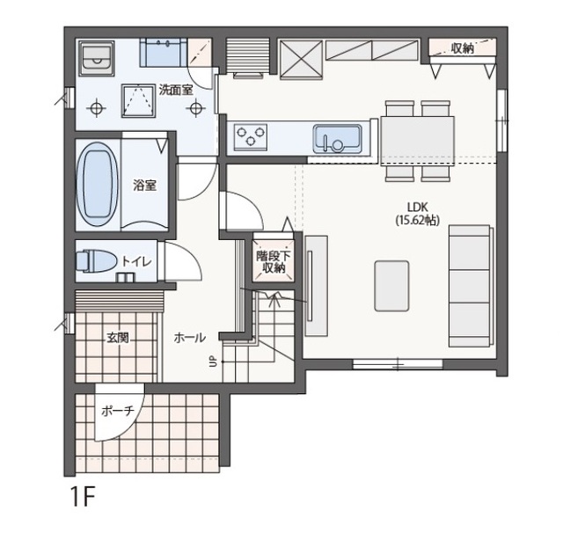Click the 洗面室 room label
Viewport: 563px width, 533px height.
[176, 90]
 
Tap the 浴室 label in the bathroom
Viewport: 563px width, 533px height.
[144, 186]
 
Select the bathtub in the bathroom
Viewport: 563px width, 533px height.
[97, 184]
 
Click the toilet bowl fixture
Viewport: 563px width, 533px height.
[95, 260]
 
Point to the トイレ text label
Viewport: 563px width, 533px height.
[137, 261]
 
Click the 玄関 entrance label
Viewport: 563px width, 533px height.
[117, 338]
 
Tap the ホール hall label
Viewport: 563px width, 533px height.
[190, 338]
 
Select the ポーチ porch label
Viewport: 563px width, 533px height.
[117, 411]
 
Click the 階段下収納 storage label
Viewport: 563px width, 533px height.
[274, 262]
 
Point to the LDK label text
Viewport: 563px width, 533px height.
[417, 207]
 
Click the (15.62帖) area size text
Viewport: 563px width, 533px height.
[418, 220]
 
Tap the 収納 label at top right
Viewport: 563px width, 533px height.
[463, 48]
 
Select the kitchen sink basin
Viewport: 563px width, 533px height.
[337, 139]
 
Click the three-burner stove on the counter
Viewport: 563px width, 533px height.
[251, 137]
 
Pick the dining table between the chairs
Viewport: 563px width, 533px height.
[417, 141]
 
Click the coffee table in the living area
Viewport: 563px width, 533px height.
[391, 286]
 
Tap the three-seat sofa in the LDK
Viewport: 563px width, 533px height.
[471, 286]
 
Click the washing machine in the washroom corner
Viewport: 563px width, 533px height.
[97, 59]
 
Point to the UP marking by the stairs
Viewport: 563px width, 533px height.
[213, 361]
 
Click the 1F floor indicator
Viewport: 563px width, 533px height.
[83, 496]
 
